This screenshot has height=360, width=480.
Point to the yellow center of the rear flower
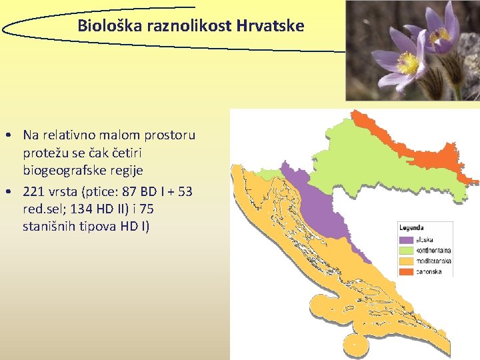click(441, 35)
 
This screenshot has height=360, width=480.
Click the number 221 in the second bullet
click(33, 192)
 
